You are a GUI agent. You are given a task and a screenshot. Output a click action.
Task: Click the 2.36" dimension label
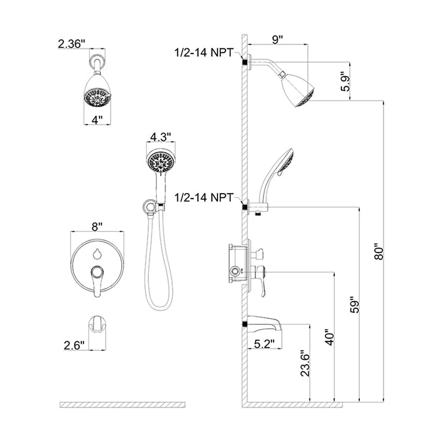[73, 43]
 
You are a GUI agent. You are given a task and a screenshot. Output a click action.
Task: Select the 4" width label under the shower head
[98, 120]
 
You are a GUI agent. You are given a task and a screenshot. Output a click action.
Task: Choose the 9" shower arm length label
[277, 40]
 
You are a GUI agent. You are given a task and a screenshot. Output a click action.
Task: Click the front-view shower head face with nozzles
[98, 99]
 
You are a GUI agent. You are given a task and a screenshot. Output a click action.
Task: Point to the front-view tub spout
[98, 325]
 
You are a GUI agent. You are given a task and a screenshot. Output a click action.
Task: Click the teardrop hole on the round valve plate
[97, 254]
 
